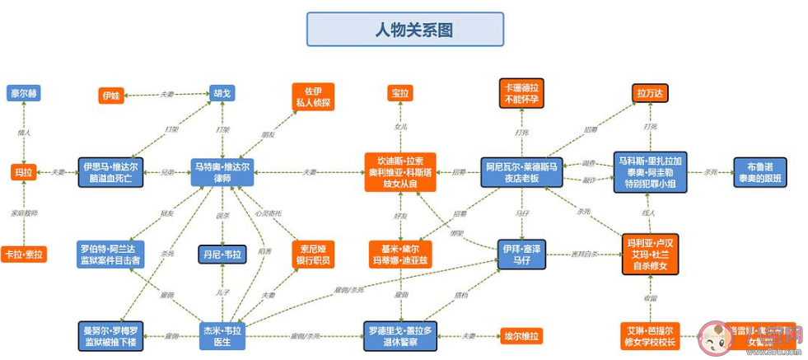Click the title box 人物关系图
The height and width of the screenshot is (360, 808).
pos(404,30)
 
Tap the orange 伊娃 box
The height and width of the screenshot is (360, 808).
pos(111,96)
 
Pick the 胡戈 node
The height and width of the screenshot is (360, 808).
pos(222,94)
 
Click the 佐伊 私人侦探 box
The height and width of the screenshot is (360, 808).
pos(312,96)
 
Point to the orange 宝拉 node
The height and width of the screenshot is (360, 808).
pos(400,94)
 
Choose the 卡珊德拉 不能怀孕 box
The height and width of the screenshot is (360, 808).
pos(521,93)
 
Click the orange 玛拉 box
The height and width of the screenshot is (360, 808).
pos(23,173)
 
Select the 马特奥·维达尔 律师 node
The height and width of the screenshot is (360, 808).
pos(222,172)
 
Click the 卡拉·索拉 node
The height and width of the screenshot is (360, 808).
pos(24,255)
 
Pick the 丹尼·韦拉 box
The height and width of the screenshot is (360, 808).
pos(222,255)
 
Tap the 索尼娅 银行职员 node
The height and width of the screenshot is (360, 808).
pos(312,254)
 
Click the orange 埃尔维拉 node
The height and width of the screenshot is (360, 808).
pos(521,336)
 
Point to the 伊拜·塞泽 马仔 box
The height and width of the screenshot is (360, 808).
pos(521,254)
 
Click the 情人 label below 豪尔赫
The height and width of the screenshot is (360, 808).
pos(24,132)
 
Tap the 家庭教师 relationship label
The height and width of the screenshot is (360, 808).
pos(24,213)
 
